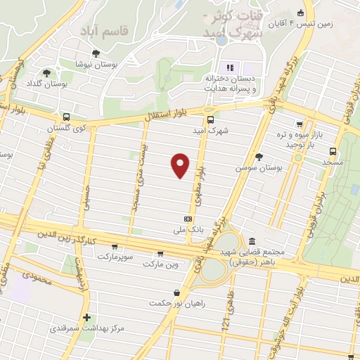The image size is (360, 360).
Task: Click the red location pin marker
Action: click(181, 165)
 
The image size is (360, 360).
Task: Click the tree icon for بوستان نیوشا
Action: click(96, 53)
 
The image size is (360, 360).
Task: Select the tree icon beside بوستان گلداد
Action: click(47, 72)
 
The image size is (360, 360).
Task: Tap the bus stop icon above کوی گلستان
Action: click(66, 117)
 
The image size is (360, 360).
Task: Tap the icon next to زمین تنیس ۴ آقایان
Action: click(301, 12)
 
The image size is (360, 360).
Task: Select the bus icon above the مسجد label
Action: click(333, 151)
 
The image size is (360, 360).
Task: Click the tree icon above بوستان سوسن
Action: click(259, 157)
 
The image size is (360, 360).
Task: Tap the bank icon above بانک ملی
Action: click(187, 218)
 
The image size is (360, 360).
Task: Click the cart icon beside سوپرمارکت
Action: click(114, 247)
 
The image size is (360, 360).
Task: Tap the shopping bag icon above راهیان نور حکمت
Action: click(175, 292)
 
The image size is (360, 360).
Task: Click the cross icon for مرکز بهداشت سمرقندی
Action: click(86, 317)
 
